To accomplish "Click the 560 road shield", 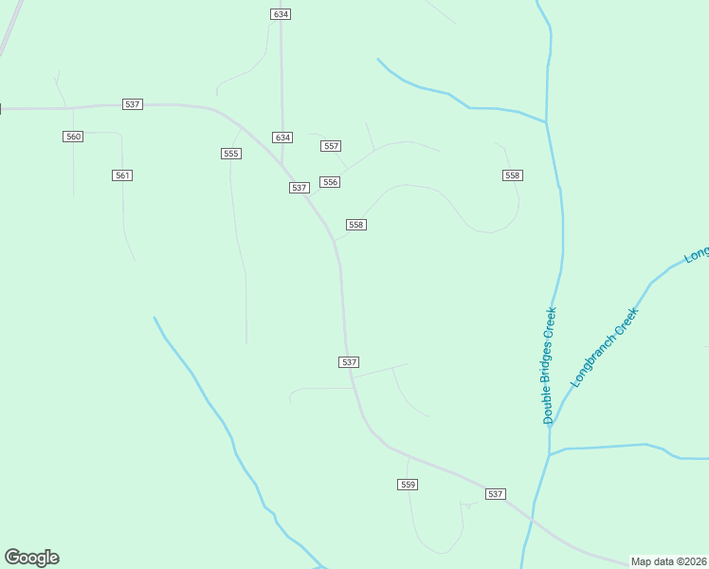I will pos(74,137).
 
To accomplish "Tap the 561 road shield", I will pos(122,175).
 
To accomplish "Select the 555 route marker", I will pos(230,154).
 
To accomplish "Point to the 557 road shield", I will pos(331,146).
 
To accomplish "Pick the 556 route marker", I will pos(330,182).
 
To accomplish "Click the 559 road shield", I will pos(408,485).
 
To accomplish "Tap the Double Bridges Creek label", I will pos(549,365).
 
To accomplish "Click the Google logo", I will pos(31,558).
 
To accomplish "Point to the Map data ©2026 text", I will pos(668,561).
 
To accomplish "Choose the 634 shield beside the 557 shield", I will pos(282,138).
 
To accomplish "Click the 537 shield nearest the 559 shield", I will pos(495,494).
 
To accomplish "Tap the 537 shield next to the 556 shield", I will pos(300,188).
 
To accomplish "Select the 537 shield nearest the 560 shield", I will pos(133,103).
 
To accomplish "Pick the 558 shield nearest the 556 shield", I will pos(356,225).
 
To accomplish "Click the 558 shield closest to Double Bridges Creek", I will pos(513,175).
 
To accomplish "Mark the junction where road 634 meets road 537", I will pos(282,167).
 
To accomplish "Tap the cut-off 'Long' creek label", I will pos(697,253).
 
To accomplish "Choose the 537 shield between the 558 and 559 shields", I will pos(349,362).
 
